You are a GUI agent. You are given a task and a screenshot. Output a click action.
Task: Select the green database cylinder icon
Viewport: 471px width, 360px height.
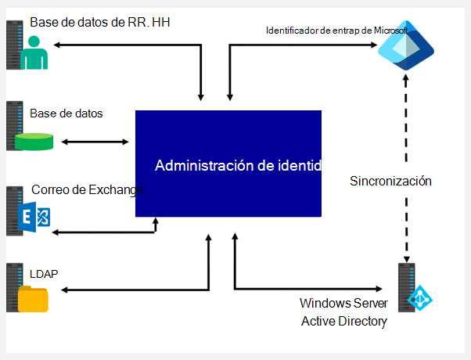(x=34, y=142)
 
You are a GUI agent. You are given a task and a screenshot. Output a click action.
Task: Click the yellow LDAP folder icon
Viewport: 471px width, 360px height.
(x=33, y=299)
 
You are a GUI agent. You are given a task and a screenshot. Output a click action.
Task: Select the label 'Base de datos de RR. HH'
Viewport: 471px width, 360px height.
(x=100, y=23)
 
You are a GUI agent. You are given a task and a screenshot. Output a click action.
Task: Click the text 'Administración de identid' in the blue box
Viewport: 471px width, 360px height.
(x=237, y=166)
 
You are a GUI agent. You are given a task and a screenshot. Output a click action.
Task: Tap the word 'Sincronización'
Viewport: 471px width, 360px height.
(x=391, y=181)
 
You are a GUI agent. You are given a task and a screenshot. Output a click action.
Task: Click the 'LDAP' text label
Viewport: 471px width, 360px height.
(x=45, y=274)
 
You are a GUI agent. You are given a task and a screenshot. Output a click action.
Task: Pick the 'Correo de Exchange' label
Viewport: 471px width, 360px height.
(x=84, y=190)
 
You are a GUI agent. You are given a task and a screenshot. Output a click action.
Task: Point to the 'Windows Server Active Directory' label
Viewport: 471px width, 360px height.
(x=343, y=311)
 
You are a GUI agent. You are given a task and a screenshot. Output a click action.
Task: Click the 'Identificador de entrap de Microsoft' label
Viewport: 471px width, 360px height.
(x=336, y=31)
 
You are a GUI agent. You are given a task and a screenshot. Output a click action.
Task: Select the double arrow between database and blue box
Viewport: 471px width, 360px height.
(x=95, y=142)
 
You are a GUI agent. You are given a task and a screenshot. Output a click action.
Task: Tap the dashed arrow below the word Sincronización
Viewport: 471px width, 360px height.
(x=406, y=227)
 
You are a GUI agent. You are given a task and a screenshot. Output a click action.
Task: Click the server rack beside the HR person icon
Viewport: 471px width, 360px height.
(x=13, y=44)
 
